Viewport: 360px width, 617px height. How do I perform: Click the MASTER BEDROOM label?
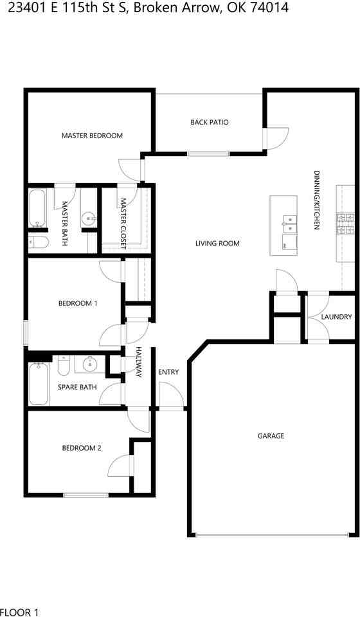pyautogui.click(x=92, y=136)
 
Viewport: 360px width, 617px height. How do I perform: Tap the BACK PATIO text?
pyautogui.click(x=210, y=122)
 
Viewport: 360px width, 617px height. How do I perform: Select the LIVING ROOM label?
pyautogui.click(x=217, y=244)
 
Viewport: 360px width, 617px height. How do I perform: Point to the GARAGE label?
pyautogui.click(x=271, y=436)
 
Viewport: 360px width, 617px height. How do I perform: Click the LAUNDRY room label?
pyautogui.click(x=336, y=317)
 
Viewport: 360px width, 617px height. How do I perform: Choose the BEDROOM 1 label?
pyautogui.click(x=78, y=303)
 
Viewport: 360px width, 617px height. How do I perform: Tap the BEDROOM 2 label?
pyautogui.click(x=82, y=448)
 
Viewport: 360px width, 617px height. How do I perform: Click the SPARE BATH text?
pyautogui.click(x=77, y=387)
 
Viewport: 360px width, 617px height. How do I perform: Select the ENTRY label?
pyautogui.click(x=168, y=372)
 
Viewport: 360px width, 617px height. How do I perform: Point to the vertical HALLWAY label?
pyautogui.click(x=138, y=362)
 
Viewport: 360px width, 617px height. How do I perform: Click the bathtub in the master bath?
pyautogui.click(x=38, y=208)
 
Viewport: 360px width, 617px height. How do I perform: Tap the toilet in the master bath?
pyautogui.click(x=39, y=242)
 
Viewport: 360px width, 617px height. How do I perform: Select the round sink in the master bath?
pyautogui.click(x=89, y=218)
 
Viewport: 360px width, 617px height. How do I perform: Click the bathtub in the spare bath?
pyautogui.click(x=39, y=384)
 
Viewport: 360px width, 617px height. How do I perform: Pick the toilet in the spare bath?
pyautogui.click(x=64, y=366)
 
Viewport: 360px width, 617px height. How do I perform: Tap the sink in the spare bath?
pyautogui.click(x=90, y=364)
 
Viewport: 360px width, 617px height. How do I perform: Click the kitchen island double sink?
pyautogui.click(x=290, y=223)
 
